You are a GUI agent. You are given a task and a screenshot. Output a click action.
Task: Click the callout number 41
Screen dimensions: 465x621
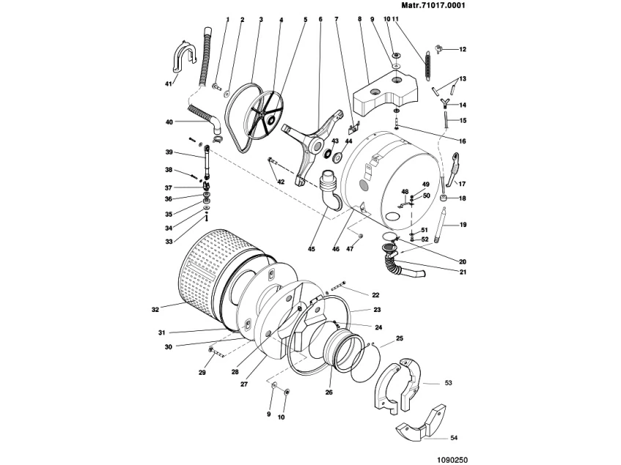pyautogui.click(x=168, y=84)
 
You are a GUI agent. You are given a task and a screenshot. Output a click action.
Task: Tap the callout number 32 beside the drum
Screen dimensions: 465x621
pyautogui.click(x=155, y=310)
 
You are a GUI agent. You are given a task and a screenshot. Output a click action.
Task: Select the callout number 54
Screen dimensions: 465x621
pyautogui.click(x=454, y=438)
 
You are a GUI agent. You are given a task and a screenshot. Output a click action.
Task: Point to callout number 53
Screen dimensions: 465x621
pyautogui.click(x=449, y=382)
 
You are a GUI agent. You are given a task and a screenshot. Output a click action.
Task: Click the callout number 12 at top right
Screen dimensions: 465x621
pyautogui.click(x=463, y=49)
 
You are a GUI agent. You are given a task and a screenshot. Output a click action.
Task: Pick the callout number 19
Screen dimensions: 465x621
pyautogui.click(x=463, y=224)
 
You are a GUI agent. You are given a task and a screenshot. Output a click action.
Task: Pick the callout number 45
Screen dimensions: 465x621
pyautogui.click(x=311, y=250)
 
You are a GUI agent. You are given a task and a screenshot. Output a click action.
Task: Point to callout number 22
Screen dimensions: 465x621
pyautogui.click(x=375, y=295)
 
